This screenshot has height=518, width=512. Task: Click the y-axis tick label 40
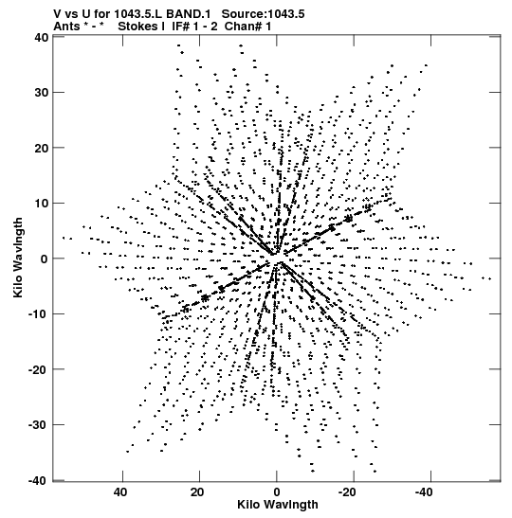[x=41, y=37]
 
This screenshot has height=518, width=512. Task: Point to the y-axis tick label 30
[x=41, y=93]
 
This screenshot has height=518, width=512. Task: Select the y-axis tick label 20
[x=41, y=148]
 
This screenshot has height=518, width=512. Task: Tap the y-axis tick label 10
[x=41, y=204]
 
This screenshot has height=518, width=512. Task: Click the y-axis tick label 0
[x=45, y=259]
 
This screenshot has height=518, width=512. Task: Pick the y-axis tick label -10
[x=39, y=313]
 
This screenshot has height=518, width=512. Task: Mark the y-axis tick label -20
[x=39, y=369]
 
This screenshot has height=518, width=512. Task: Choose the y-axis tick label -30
[x=39, y=424]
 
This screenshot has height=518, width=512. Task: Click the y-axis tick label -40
[x=39, y=480]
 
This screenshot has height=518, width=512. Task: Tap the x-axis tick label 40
[x=120, y=492]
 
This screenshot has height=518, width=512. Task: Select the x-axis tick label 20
[x=197, y=492]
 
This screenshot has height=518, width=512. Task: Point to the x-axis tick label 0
[x=277, y=492]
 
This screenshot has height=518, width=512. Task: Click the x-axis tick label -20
[x=347, y=492]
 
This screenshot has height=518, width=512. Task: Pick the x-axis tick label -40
[x=425, y=492]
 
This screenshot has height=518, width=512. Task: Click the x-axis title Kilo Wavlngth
[x=278, y=505]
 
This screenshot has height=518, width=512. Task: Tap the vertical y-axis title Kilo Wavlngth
[x=18, y=258]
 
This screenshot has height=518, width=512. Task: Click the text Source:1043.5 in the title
[x=263, y=14]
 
